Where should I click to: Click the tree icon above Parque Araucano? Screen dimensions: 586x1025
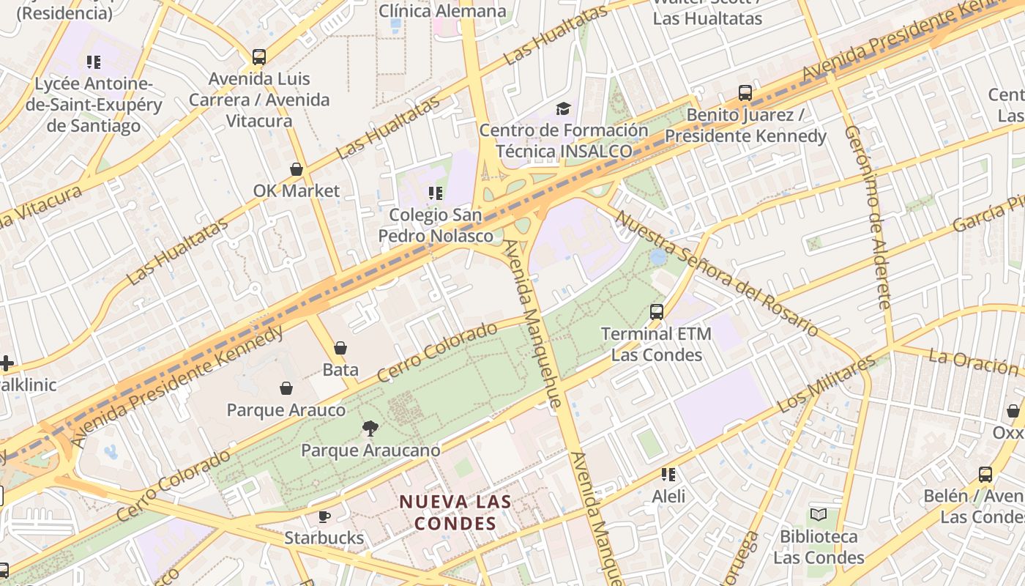(370, 429)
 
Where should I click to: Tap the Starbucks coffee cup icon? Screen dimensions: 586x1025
(324, 516)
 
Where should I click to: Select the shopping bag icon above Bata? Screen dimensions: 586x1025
(340, 348)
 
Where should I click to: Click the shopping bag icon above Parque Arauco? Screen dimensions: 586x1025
(286, 388)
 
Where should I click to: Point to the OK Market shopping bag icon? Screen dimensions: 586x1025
(297, 170)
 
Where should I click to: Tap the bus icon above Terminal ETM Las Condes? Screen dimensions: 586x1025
(657, 312)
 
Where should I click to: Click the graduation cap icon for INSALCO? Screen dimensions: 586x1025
(563, 109)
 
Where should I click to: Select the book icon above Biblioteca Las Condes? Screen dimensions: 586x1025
(819, 515)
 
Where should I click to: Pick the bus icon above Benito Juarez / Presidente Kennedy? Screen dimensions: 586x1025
(745, 93)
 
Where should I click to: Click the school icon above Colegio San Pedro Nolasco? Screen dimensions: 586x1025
(436, 193)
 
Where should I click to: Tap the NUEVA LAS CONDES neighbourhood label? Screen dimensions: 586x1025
(455, 513)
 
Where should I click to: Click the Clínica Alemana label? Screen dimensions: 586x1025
(442, 11)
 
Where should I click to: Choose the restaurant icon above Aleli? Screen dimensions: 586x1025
(668, 475)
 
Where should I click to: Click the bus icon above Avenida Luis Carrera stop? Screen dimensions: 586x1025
(259, 57)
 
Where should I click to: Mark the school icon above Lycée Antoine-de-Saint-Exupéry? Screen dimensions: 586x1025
(93, 62)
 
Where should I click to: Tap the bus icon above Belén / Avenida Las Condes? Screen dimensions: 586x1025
(985, 475)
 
